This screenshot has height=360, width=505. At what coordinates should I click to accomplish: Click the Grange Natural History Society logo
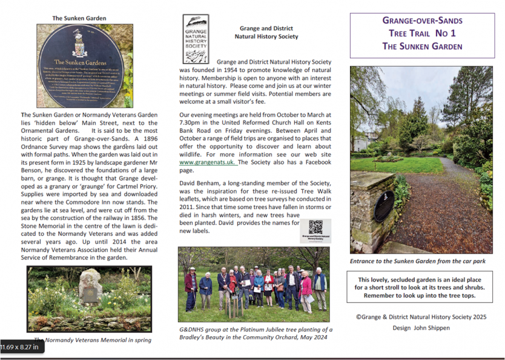pyautogui.click(x=196, y=39)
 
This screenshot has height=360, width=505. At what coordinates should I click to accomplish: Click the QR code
pyautogui.click(x=315, y=227)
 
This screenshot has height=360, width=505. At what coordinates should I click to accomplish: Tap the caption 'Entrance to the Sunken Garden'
pyautogui.click(x=418, y=261)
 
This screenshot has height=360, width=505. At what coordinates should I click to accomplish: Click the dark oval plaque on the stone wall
pyautogui.click(x=384, y=205)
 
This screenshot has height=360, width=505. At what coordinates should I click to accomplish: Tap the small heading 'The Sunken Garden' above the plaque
pyautogui.click(x=79, y=18)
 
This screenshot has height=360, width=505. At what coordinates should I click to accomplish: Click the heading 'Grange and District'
pyautogui.click(x=266, y=28)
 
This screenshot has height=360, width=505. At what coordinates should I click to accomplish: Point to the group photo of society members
pyautogui.click(x=254, y=285)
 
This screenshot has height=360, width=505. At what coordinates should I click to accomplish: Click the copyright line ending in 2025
pyautogui.click(x=421, y=316)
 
